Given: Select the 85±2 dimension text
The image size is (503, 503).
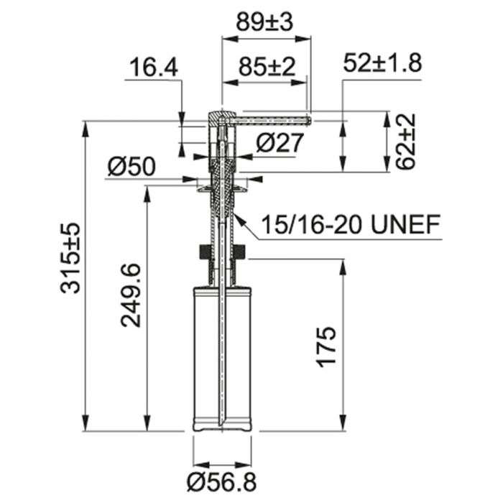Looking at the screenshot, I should click(x=266, y=68).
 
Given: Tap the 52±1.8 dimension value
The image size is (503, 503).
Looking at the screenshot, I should click(x=382, y=64).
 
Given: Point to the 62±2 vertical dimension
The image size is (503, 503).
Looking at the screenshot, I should click(x=407, y=141).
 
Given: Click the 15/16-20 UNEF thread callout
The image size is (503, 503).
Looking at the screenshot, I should click(x=351, y=225).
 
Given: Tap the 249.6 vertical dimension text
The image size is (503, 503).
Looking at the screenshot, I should click(x=130, y=295).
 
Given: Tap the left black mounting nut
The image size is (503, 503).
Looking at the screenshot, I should click(x=205, y=252).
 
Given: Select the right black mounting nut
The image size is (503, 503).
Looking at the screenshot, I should click(x=240, y=252).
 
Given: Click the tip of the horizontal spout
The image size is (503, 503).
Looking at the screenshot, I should click(x=308, y=118).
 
